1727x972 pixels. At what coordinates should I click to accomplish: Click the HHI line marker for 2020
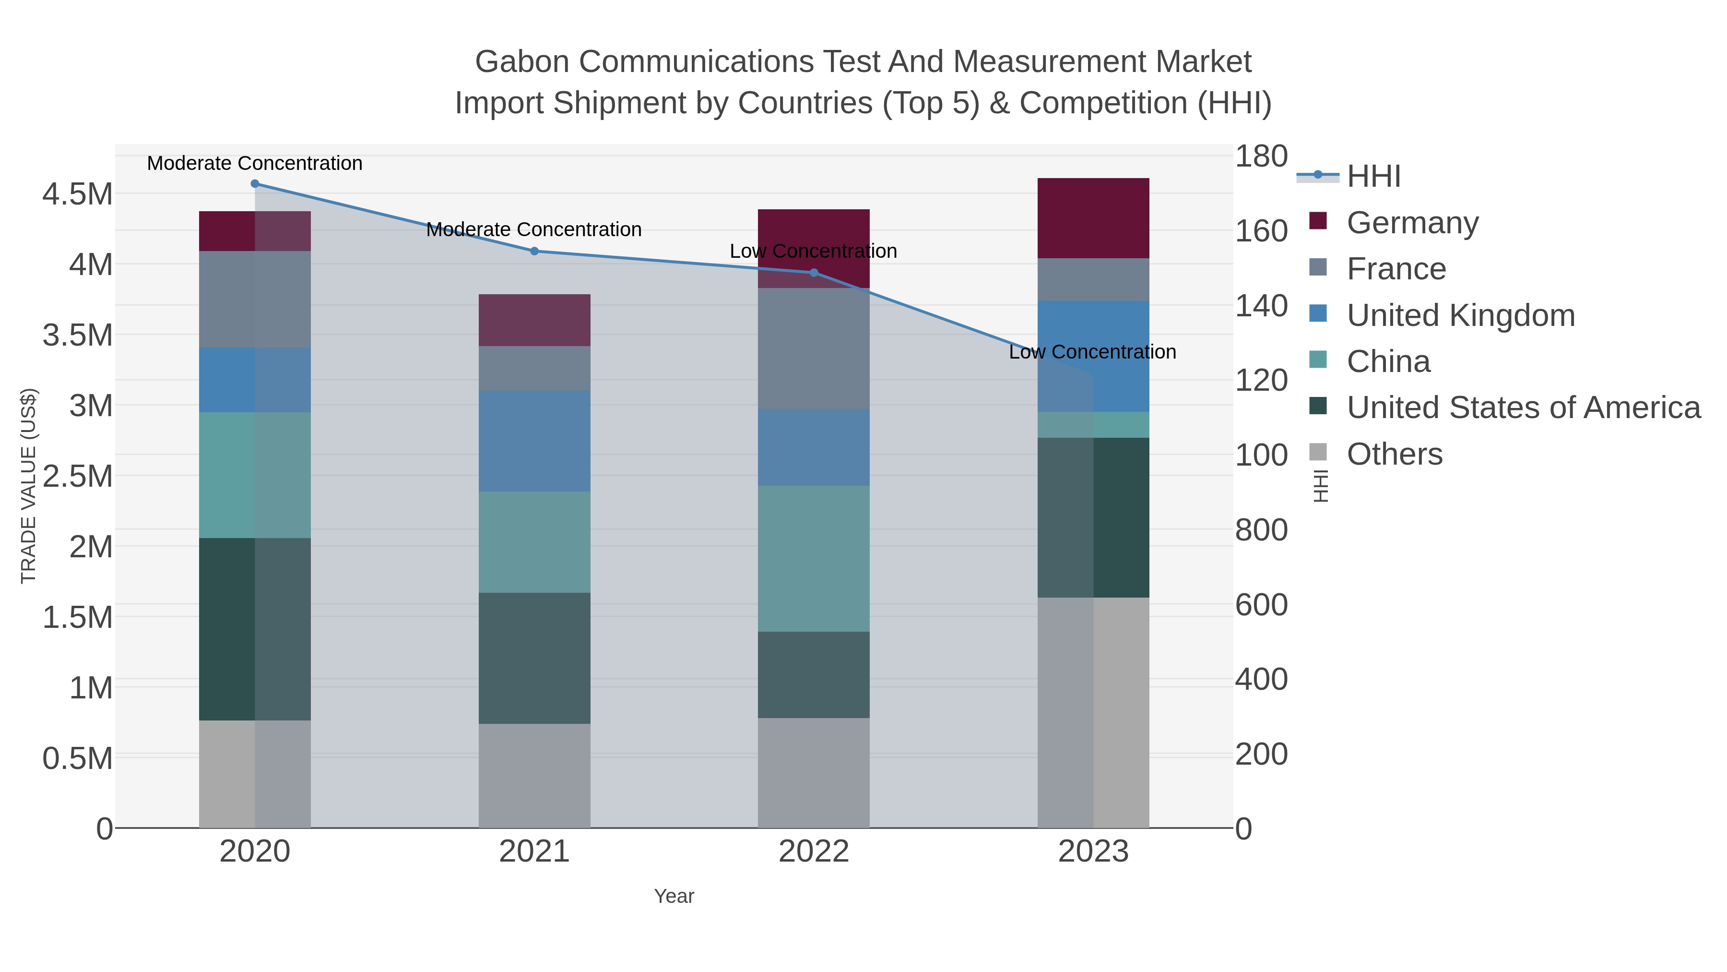255,184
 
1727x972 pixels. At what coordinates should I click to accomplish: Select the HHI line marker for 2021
534,252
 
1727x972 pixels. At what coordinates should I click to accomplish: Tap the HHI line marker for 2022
814,272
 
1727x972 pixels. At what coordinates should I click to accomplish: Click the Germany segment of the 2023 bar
1093,218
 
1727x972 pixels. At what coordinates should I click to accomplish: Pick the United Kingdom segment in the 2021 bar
534,441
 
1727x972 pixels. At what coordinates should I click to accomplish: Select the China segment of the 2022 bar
814,558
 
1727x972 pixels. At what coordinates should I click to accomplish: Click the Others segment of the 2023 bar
1093,712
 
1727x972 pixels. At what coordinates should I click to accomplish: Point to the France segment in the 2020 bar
255,299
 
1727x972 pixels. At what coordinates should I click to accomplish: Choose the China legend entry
1388,361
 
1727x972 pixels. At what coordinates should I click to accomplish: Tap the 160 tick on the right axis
1261,231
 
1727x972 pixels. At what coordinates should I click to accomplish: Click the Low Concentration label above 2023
1092,352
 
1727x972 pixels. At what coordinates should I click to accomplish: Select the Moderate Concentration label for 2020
255,164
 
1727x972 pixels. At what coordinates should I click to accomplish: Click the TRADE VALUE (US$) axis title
29,486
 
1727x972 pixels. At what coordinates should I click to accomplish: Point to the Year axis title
674,896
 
